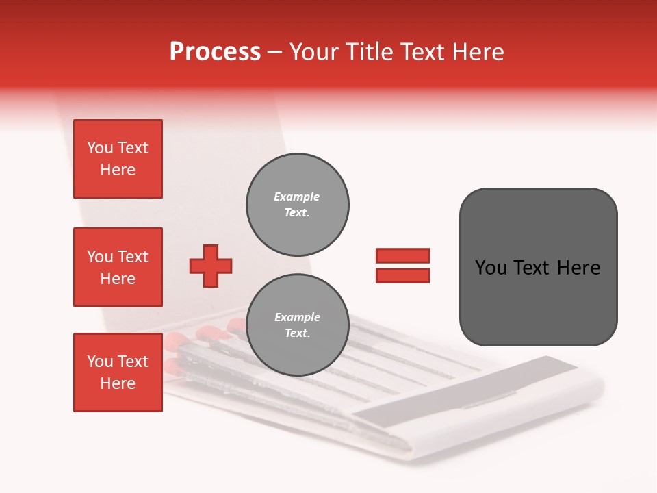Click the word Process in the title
pos(215,52)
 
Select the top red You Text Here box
pos(118,159)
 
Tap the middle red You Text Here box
pos(118,267)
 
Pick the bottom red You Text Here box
pos(118,372)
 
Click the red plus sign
pos(211,266)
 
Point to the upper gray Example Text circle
pos(297,205)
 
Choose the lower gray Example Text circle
pos(297,325)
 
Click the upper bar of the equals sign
pos(402,256)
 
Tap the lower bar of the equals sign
pos(402,275)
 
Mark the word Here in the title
pos(476,52)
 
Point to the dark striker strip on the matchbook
pos(465,398)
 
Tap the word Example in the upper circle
pos(296,197)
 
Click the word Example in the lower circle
pos(297,317)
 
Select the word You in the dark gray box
pos(490,268)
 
